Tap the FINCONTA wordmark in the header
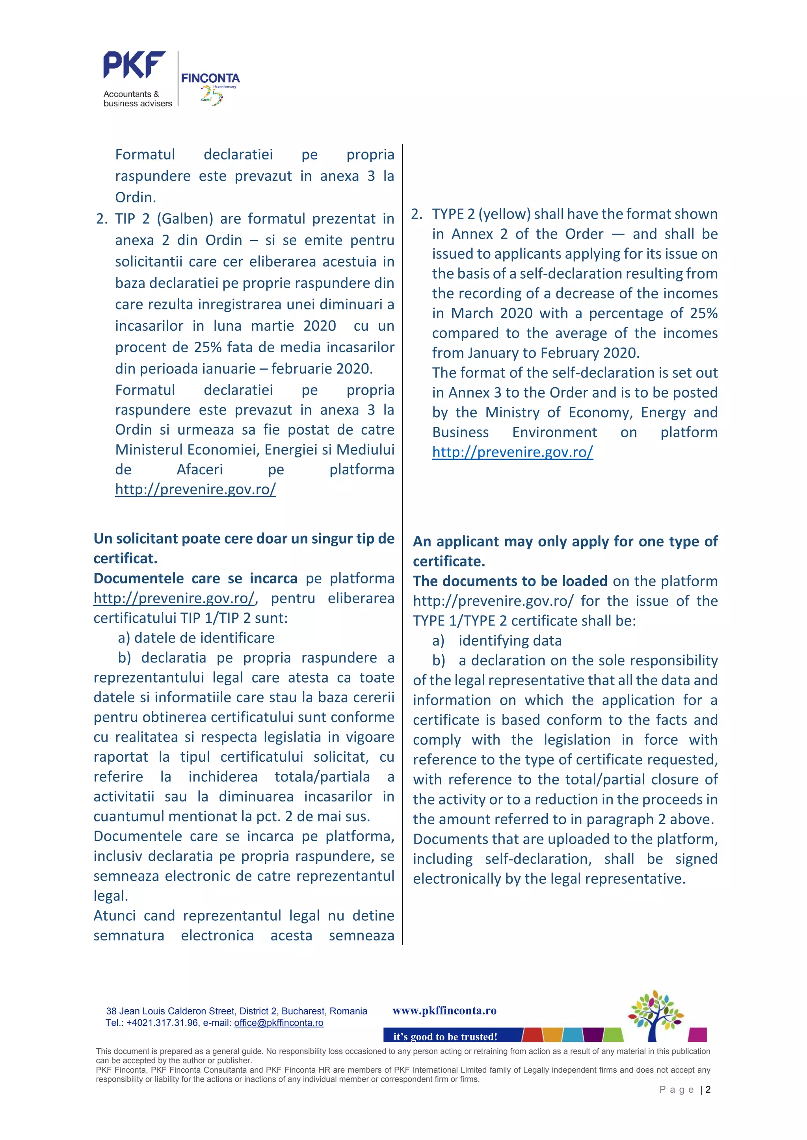point(210,78)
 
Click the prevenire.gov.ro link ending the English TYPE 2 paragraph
point(512,452)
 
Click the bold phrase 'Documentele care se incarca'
point(195,578)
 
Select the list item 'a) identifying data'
point(497,641)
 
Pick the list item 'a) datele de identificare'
point(196,638)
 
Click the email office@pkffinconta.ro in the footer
point(279,1023)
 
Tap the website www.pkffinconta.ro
point(444,1010)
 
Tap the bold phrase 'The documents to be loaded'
point(510,581)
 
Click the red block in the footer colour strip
point(533,1035)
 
